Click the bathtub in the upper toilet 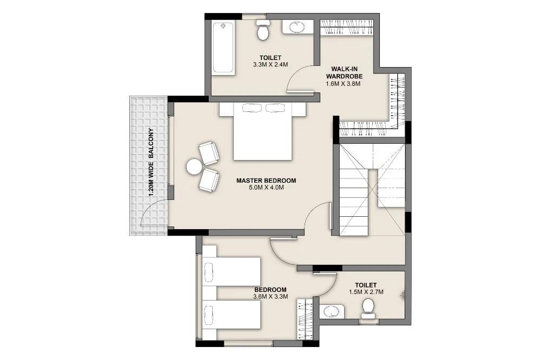pos(223,48)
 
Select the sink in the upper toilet pos(296,27)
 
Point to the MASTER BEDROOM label pos(266,181)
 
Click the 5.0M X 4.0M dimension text pos(266,188)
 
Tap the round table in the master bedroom pos(194,166)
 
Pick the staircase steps pos(354,200)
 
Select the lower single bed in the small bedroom pos(232,315)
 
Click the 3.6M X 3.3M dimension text pos(270,297)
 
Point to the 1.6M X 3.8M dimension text pos(343,84)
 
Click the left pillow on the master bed pos(250,108)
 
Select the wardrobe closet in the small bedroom pos(305,318)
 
